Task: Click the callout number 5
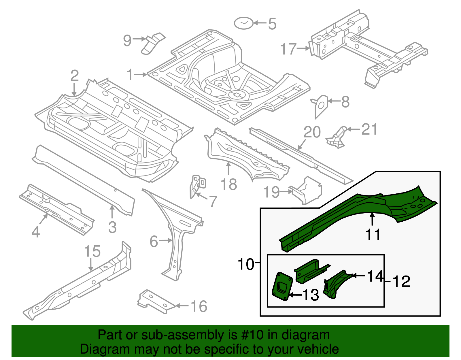(272, 24)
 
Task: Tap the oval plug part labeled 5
(244, 23)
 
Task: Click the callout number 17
(288, 49)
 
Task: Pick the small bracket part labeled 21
(337, 138)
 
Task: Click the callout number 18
(229, 184)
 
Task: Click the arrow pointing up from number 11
(373, 219)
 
